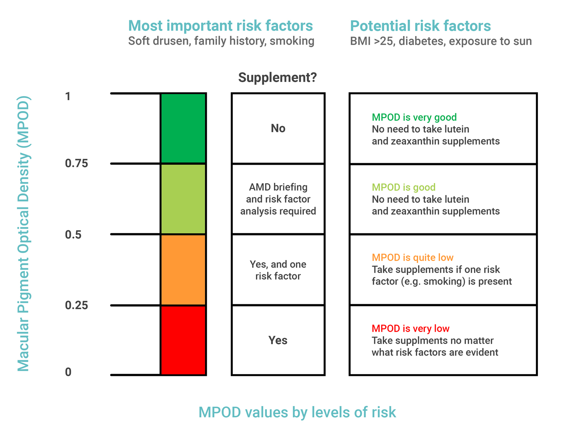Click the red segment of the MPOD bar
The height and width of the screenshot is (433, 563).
183,340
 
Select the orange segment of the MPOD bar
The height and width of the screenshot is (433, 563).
183,269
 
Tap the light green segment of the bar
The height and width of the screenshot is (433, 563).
183,199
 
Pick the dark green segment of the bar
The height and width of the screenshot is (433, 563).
183,128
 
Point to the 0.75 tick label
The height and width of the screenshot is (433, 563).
77,163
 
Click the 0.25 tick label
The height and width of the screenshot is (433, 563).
77,305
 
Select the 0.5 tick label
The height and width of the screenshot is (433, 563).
73,235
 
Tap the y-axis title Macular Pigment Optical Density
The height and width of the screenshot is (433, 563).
23,234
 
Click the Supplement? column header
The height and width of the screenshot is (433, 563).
277,77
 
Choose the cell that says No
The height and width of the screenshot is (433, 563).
278,128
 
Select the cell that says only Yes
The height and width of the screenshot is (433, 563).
278,340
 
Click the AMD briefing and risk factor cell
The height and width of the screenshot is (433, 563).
278,199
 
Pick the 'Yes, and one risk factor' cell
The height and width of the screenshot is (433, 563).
278,270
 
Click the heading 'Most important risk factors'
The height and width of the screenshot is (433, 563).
220,26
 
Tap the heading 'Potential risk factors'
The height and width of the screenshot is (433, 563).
420,26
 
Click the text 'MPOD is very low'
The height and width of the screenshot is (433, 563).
410,328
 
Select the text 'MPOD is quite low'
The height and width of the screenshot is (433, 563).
412,257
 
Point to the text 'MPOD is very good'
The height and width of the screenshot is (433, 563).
414,117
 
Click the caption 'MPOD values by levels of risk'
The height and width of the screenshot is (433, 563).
297,412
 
